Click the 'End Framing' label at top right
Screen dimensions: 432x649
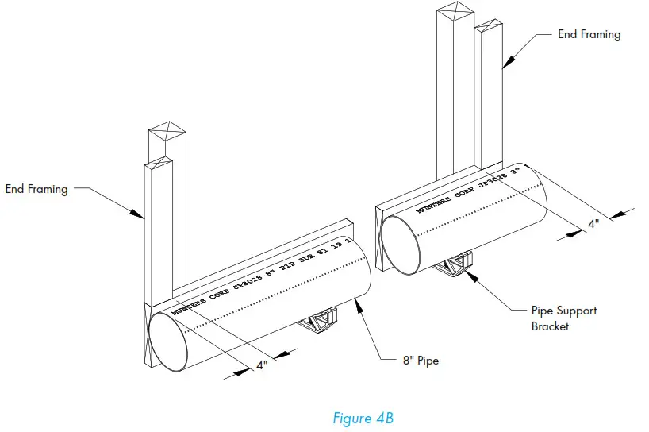(x=589, y=34)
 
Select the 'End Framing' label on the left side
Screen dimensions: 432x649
(x=36, y=189)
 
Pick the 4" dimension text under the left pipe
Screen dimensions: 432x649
(x=261, y=365)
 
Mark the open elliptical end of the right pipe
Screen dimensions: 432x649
(x=401, y=240)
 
